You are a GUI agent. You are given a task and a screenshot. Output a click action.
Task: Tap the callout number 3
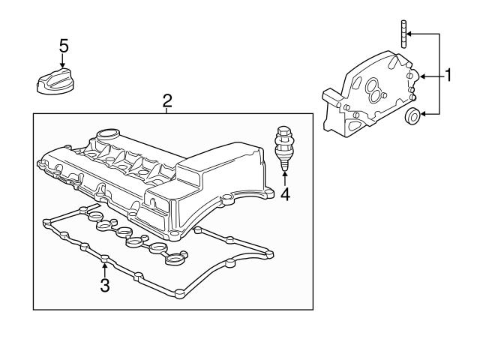(105, 285)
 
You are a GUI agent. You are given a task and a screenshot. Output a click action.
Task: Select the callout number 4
(285, 194)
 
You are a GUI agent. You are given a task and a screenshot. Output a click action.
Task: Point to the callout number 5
(64, 46)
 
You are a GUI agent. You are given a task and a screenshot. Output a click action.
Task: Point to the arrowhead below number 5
(64, 65)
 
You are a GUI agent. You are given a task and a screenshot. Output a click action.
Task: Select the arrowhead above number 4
(285, 175)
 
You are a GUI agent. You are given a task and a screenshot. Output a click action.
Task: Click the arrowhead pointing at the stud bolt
(411, 34)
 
